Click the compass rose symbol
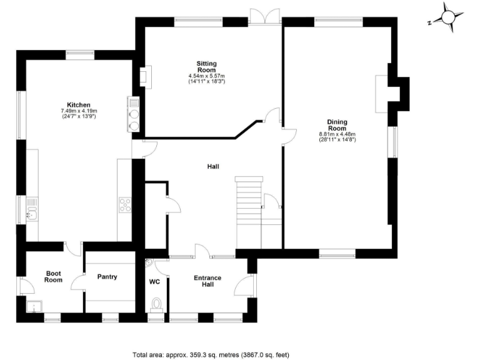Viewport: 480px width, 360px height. tap(449, 17)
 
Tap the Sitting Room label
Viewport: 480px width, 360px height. tap(206, 67)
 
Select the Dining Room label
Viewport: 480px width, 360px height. tap(337, 124)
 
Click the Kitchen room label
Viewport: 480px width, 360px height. tap(79, 105)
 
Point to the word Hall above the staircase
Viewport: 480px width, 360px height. tap(213, 166)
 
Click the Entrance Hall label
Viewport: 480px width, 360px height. tap(207, 281)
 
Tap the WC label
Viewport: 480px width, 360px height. tap(154, 282)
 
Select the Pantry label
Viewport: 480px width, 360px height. tap(107, 277)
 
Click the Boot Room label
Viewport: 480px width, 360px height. tap(53, 276)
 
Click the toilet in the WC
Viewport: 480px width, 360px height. tap(157, 304)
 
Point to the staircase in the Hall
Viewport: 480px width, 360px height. tap(249, 206)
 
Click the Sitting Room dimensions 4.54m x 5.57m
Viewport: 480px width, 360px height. tap(206, 79)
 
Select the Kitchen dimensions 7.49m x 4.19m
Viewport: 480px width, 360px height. tap(79, 114)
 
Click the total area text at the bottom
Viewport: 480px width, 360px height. tap(211, 354)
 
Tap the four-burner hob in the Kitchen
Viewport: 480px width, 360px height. tap(125, 204)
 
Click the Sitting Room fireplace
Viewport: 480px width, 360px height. tap(143, 76)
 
